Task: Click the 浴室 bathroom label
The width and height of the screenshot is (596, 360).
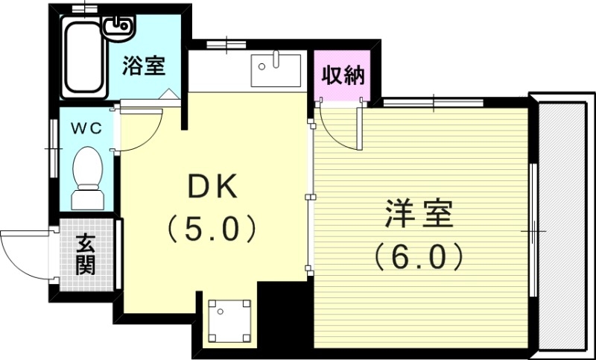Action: click(x=144, y=66)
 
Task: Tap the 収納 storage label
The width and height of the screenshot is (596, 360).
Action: click(x=343, y=75)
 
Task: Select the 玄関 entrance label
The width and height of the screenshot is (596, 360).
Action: click(x=86, y=255)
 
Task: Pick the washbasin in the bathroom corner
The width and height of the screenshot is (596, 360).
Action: click(x=118, y=28)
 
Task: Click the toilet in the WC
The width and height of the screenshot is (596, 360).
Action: click(x=88, y=175)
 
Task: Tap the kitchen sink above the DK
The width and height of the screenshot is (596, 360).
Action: click(x=275, y=70)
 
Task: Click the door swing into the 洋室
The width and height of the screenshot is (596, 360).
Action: click(x=340, y=130)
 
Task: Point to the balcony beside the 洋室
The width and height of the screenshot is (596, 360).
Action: click(x=563, y=224)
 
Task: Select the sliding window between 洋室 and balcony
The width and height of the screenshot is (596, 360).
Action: click(x=533, y=231)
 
